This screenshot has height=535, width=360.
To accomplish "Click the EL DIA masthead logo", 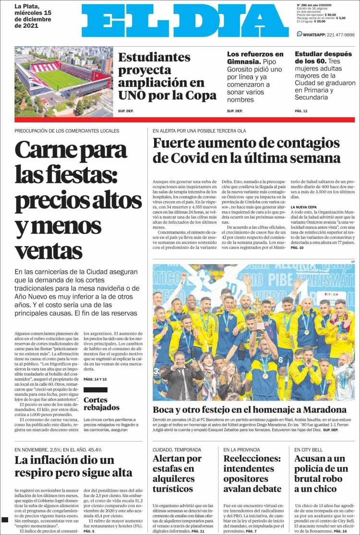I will (x=185, y=22).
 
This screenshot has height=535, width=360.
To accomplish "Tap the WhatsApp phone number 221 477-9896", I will (x=335, y=35).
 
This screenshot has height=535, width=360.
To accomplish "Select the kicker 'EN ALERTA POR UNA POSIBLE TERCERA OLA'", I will (x=199, y=131).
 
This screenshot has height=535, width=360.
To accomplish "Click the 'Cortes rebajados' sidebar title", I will (x=101, y=403).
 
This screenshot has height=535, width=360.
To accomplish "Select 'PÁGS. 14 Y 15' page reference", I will (x=95, y=379).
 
